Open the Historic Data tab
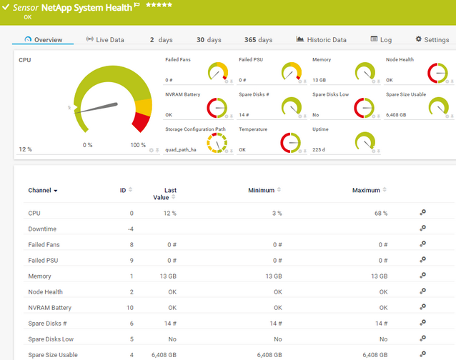(321, 40)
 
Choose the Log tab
(381, 40)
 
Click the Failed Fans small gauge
(217, 71)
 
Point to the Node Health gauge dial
(437, 72)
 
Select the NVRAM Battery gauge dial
(217, 107)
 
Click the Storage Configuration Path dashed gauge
(217, 142)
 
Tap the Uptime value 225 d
(320, 149)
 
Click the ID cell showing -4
(131, 229)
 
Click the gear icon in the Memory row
(423, 276)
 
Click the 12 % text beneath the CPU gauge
(25, 149)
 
